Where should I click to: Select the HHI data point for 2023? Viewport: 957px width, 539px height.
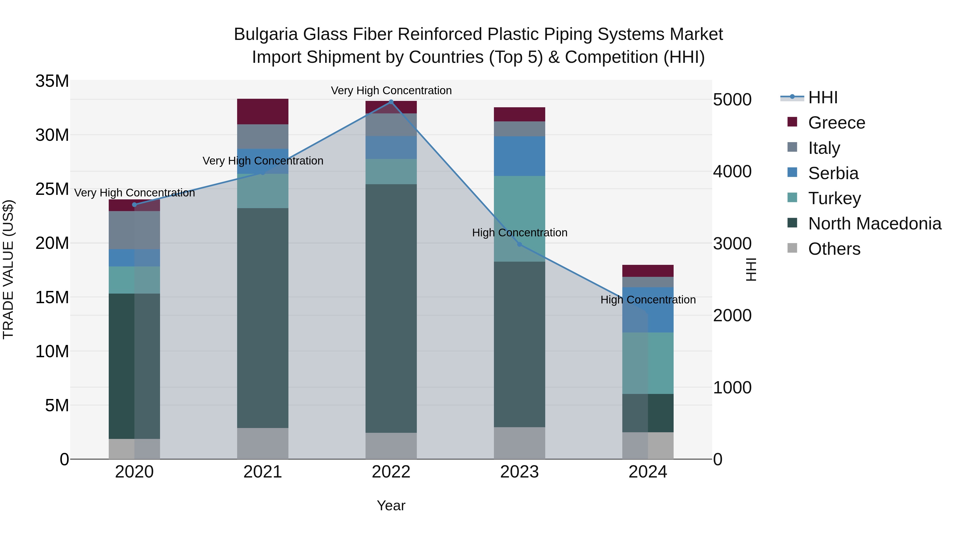pyautogui.click(x=519, y=244)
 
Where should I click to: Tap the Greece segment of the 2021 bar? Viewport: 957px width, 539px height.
pyautogui.click(x=263, y=112)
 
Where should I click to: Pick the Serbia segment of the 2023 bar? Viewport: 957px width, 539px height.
pyautogui.click(x=519, y=156)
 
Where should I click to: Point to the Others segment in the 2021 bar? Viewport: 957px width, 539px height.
pyautogui.click(x=263, y=443)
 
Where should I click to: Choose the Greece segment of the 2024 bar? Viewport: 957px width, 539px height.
pyautogui.click(x=648, y=271)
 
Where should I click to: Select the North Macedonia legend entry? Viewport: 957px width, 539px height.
pyautogui.click(x=875, y=224)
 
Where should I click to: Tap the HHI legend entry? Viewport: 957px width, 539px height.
pyautogui.click(x=822, y=97)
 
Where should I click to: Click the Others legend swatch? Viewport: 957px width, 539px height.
pyautogui.click(x=792, y=248)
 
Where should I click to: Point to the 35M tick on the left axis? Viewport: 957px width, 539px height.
pyautogui.click(x=52, y=81)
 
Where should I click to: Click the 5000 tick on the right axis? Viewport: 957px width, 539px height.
pyautogui.click(x=732, y=100)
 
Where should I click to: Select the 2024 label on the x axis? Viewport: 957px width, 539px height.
pyautogui.click(x=648, y=472)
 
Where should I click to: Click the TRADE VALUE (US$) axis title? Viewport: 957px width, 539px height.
pyautogui.click(x=8, y=269)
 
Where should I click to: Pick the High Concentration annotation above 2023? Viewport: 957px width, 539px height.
pyautogui.click(x=519, y=233)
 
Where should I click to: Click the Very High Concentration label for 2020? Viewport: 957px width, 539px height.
pyautogui.click(x=135, y=193)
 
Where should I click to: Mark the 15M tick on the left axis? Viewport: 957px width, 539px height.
pyautogui.click(x=52, y=297)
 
